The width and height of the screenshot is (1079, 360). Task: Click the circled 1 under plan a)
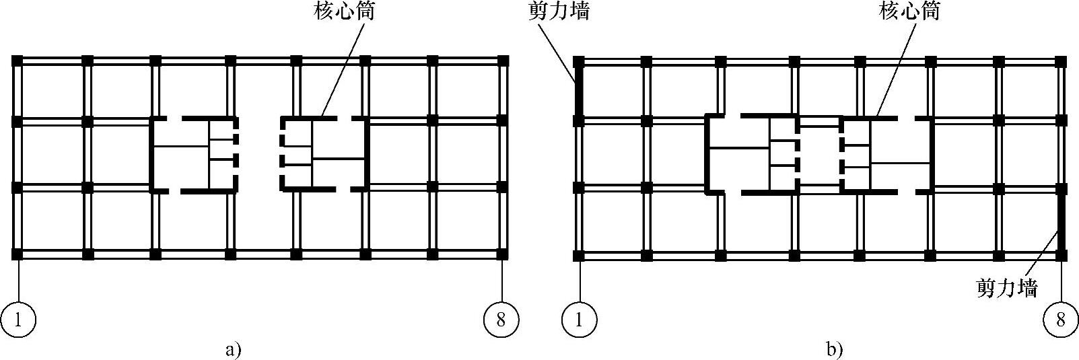tap(18, 319)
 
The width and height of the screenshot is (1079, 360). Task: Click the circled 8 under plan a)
tap(501, 319)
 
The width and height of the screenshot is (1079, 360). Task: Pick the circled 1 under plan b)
tap(579, 319)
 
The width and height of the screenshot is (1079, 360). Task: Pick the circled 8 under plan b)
tap(1061, 319)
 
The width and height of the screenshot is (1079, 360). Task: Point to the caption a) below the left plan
tap(233, 350)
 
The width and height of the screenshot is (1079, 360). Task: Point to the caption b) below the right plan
tap(835, 350)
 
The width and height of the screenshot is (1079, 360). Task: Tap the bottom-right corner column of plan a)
tap(501, 254)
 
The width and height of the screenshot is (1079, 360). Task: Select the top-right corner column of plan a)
tap(501, 61)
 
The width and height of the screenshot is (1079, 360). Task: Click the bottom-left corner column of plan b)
tap(579, 256)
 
